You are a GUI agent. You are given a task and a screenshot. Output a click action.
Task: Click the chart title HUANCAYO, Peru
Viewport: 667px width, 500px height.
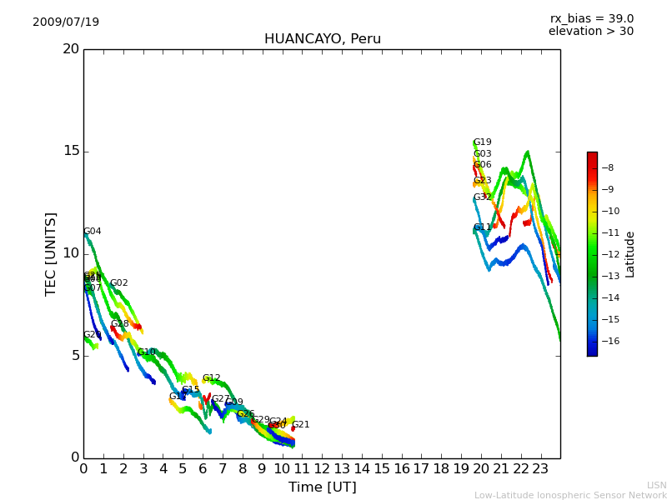click(322, 39)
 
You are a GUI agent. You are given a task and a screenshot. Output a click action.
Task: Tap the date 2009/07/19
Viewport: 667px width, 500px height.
click(66, 22)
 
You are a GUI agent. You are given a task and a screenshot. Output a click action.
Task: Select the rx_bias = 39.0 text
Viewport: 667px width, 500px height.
click(591, 19)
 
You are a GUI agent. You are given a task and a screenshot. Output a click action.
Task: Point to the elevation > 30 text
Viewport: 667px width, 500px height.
click(590, 32)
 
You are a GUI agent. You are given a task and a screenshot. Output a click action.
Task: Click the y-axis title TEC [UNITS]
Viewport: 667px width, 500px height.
click(52, 253)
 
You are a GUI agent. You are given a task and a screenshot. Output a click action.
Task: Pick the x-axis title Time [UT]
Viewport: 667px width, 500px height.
click(322, 487)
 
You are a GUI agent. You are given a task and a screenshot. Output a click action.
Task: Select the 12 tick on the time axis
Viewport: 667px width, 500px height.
click(322, 468)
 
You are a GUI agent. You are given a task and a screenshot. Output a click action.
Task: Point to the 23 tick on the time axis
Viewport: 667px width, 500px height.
click(540, 468)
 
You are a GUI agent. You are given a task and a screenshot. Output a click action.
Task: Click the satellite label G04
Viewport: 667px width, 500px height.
click(93, 232)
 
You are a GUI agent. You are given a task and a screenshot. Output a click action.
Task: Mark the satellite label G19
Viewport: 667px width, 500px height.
click(483, 142)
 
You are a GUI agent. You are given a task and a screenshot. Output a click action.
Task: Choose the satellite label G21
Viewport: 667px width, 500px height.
click(301, 425)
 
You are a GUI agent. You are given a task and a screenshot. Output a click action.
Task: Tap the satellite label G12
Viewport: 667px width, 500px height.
click(212, 378)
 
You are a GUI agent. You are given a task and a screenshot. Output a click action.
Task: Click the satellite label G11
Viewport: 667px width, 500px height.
click(483, 227)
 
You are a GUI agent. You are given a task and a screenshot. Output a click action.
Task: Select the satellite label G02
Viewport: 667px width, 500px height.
click(119, 283)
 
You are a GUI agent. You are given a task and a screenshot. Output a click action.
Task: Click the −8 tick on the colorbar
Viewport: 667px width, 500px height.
click(609, 167)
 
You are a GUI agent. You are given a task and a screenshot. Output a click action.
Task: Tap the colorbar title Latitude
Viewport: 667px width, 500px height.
click(630, 254)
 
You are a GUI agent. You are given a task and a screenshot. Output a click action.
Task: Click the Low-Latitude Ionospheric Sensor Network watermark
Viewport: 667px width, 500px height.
click(570, 495)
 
